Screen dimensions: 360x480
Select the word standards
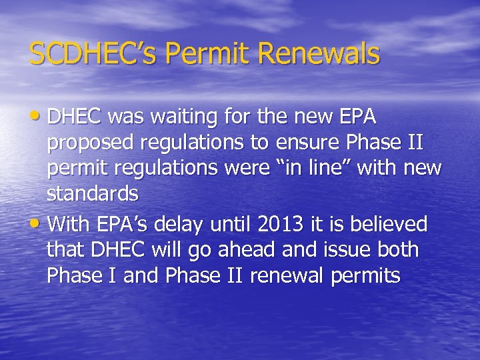pyautogui.click(x=93, y=194)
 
